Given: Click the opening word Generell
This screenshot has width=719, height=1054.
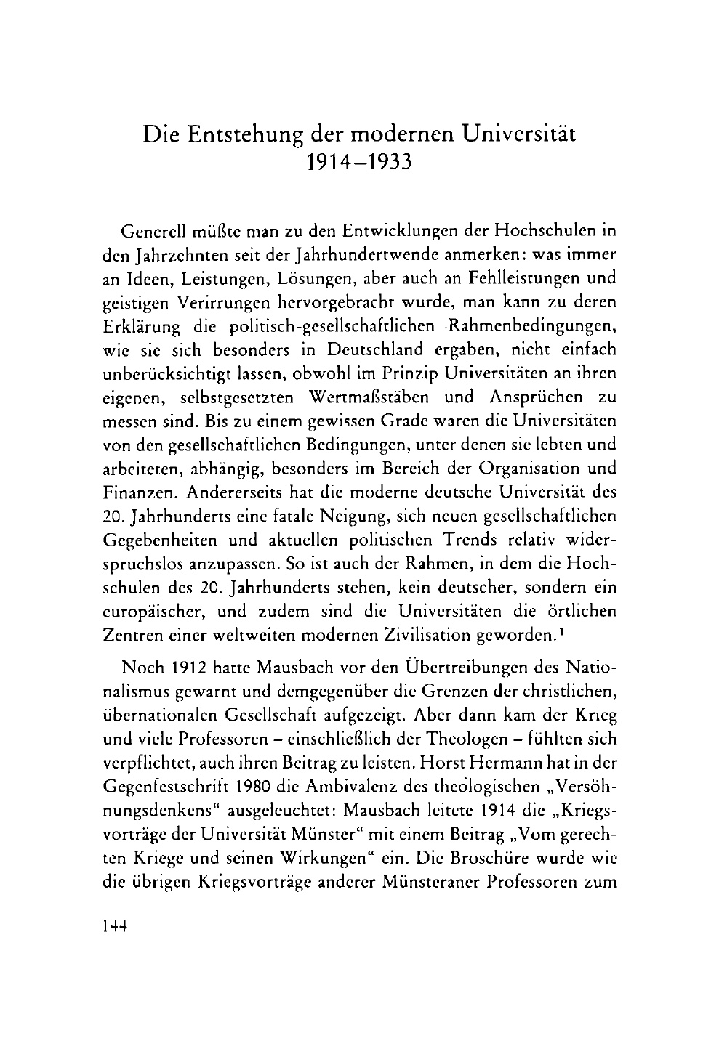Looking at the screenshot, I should (148, 232).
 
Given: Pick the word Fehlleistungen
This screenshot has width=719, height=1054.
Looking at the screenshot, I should (518, 279).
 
